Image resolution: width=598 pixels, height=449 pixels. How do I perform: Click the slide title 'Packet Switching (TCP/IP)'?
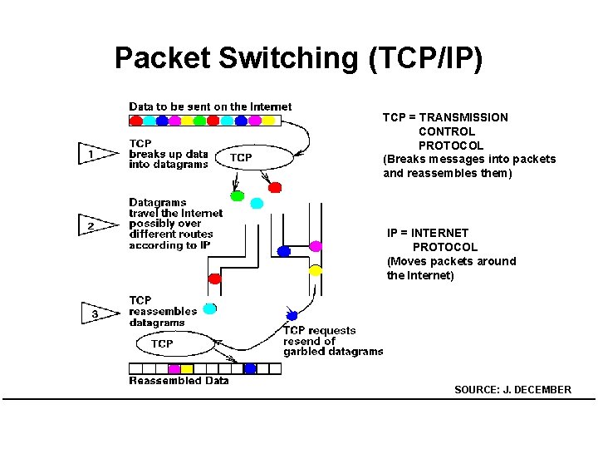[298, 58]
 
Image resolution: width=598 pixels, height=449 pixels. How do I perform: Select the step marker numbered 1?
[95, 154]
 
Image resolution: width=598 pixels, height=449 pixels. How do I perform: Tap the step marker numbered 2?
[95, 225]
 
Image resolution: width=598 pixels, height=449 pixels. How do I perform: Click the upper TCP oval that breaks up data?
[242, 157]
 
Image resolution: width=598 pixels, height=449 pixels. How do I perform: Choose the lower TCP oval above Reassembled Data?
[163, 343]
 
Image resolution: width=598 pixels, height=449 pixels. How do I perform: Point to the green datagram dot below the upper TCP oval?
[238, 196]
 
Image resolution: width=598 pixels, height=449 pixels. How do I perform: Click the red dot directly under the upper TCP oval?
[275, 187]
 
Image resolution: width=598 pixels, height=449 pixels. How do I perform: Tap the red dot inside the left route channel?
[214, 279]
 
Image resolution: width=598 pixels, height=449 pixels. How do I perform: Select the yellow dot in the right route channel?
[316, 270]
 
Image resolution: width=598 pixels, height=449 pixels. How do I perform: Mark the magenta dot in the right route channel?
[316, 246]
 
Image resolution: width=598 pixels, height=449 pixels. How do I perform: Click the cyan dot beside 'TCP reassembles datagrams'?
[210, 308]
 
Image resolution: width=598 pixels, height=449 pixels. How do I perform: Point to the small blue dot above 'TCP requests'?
[292, 315]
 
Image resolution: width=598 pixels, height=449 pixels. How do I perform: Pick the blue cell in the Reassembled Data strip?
[250, 368]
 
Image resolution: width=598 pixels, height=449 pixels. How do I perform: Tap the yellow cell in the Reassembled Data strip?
[187, 368]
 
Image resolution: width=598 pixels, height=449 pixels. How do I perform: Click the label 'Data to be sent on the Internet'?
[210, 106]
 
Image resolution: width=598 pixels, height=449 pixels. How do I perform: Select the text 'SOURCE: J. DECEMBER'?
[512, 390]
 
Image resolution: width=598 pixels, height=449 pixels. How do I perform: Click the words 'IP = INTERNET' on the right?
[428, 233]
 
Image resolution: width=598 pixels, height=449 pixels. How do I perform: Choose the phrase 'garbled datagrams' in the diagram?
[333, 352]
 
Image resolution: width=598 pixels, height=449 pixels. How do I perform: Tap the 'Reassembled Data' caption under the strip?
[179, 381]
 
